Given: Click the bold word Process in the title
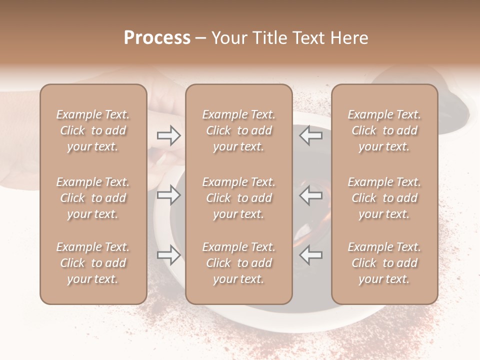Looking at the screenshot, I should pyautogui.click(x=157, y=38).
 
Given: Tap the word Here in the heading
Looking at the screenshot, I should pyautogui.click(x=349, y=38).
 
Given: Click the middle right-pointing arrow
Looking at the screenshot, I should pyautogui.click(x=168, y=195).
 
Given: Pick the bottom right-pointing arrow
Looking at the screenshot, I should pyautogui.click(x=168, y=255).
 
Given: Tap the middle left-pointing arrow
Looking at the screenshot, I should pyautogui.click(x=311, y=195).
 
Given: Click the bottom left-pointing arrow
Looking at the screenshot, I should pyautogui.click(x=311, y=255).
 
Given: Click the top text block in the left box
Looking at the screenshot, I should pyautogui.click(x=93, y=130).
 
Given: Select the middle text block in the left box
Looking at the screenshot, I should pyautogui.click(x=93, y=198).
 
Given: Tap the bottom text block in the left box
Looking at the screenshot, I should pyautogui.click(x=93, y=263).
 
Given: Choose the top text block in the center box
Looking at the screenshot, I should pyautogui.click(x=239, y=130).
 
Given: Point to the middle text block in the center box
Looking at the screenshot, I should pyautogui.click(x=239, y=198).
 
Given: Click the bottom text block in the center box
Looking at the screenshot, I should pyautogui.click(x=239, y=263).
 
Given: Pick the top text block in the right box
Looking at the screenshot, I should pyautogui.click(x=384, y=130).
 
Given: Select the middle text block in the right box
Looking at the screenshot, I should pyautogui.click(x=384, y=198).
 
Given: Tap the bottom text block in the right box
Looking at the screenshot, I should pyautogui.click(x=384, y=263).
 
